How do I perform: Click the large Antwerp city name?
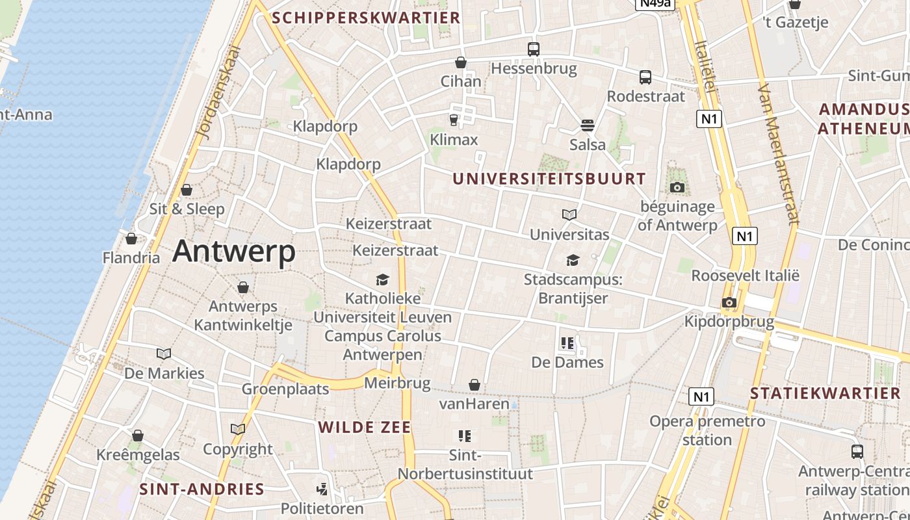coord(234,251)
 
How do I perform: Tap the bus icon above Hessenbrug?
coord(534,49)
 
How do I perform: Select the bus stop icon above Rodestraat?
coord(645,77)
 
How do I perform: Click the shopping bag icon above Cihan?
coord(461,62)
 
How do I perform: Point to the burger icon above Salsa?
coord(588,125)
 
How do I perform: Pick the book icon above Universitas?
coord(569,214)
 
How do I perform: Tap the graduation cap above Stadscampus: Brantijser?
coord(573,261)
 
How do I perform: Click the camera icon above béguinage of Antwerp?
coord(677,187)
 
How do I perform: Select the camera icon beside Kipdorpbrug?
coord(729,302)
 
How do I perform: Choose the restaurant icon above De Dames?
coord(567,343)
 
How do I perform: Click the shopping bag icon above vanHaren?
coord(475,385)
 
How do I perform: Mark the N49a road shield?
coord(655,3)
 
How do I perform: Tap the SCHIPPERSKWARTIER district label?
coord(366,18)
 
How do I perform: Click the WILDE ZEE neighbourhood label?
coord(365,427)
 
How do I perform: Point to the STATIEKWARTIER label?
coord(825,393)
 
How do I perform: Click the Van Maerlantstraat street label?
coord(777,153)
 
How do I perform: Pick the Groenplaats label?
coord(285,389)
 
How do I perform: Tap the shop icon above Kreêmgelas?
coord(138,435)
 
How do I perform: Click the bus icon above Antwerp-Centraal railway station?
coord(857,452)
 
